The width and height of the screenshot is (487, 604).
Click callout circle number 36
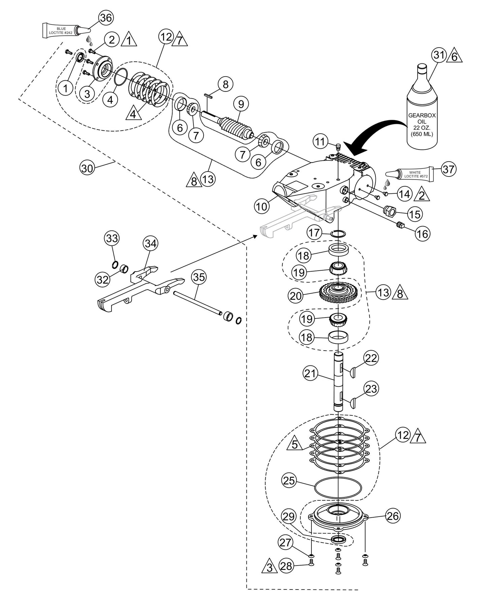click(105, 18)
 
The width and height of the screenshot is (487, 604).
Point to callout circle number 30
click(87, 168)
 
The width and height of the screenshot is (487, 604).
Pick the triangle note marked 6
click(455, 56)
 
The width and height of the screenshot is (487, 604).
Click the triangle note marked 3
click(269, 568)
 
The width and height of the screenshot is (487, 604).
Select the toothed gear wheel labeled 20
click(338, 293)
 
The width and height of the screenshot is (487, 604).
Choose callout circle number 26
click(393, 516)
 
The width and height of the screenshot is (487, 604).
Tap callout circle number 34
click(151, 243)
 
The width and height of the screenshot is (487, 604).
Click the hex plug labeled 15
click(389, 211)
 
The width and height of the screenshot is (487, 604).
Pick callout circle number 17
click(315, 232)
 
